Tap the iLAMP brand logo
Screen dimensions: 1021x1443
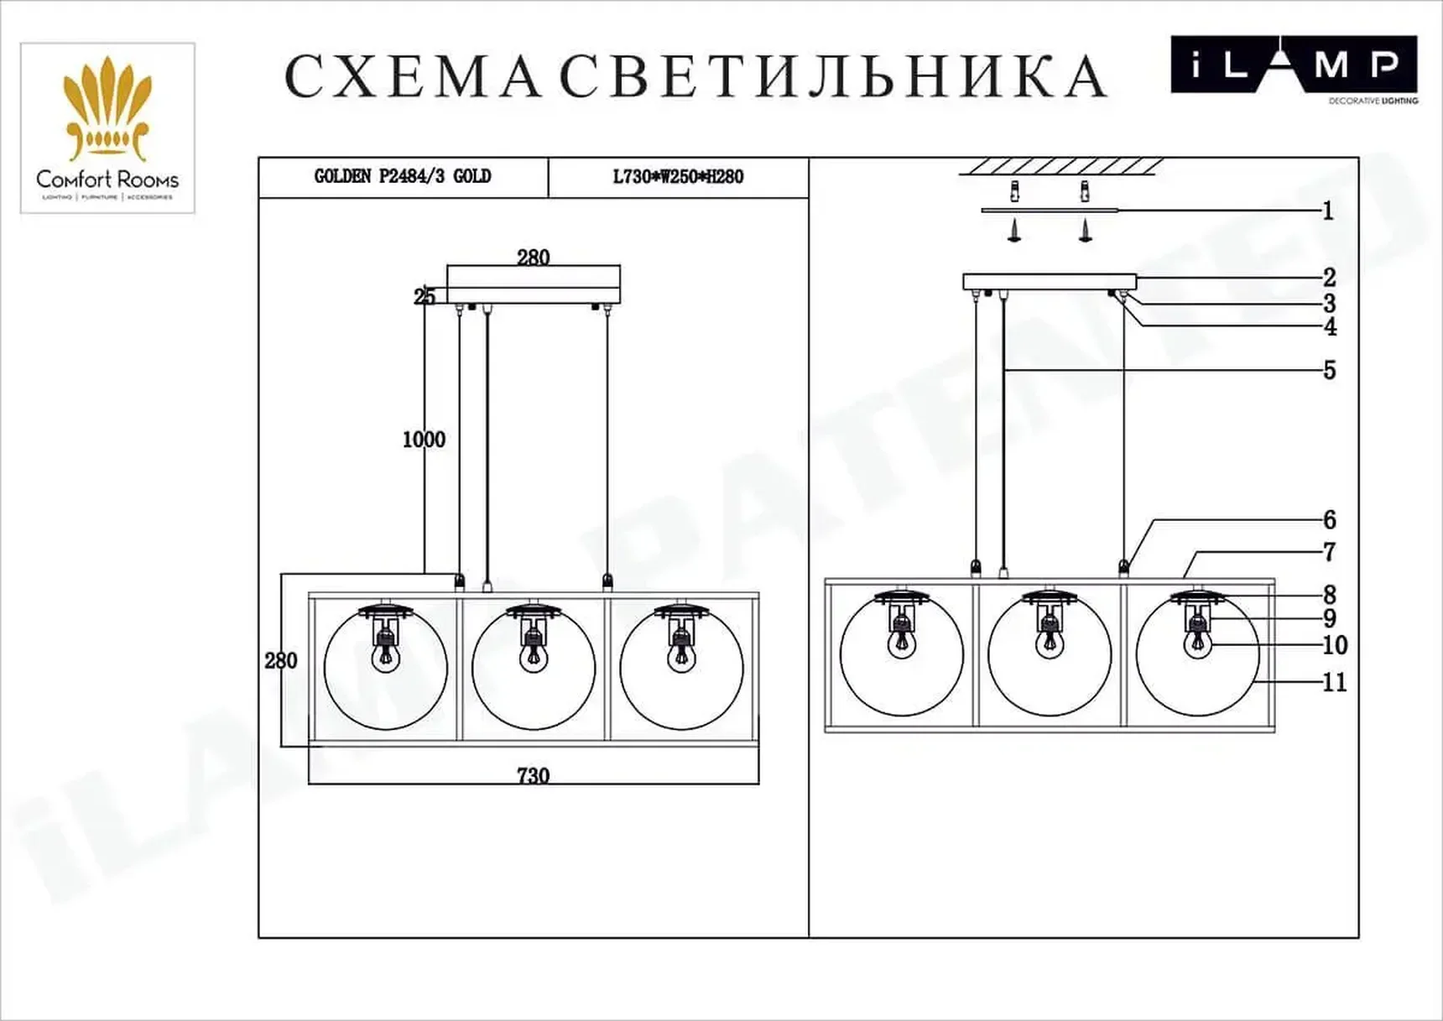point(1293,65)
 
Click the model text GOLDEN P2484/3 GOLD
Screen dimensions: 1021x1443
point(403,177)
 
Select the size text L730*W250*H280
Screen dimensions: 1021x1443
point(678,177)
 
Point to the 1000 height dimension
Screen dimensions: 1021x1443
point(424,440)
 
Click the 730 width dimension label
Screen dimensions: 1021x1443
point(534,775)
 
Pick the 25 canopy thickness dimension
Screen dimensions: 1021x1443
point(425,296)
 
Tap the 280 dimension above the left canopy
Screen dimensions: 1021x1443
point(534,258)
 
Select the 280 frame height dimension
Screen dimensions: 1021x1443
point(281,661)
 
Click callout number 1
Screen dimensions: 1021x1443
point(1327,211)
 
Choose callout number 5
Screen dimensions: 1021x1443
point(1329,371)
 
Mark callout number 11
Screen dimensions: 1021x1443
point(1334,683)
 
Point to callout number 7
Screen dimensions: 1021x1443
point(1329,552)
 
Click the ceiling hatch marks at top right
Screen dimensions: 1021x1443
point(1060,166)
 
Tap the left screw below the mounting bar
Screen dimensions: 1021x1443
point(1014,230)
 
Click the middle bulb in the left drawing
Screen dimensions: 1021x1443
point(534,654)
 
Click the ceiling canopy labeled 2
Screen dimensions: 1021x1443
point(1049,282)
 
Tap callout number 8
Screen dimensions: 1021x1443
point(1329,595)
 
